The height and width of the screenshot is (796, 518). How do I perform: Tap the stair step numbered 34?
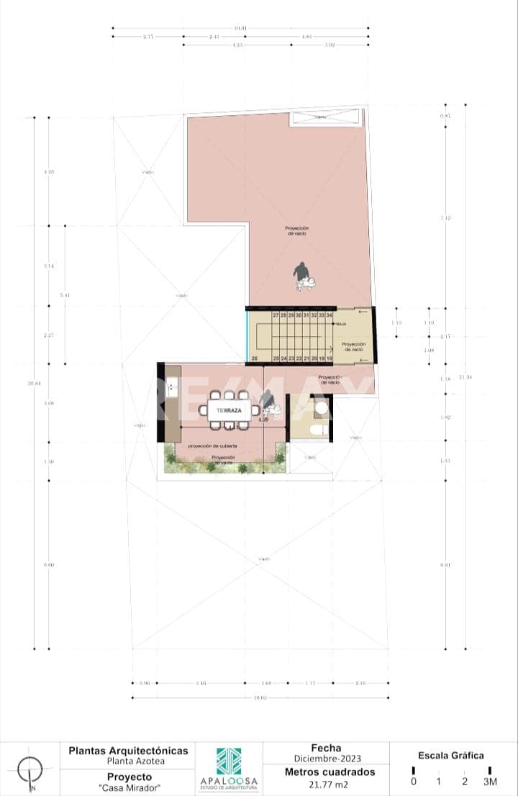(x=330, y=315)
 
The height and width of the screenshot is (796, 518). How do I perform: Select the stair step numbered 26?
(x=255, y=358)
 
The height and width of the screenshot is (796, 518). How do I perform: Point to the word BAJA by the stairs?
(x=342, y=325)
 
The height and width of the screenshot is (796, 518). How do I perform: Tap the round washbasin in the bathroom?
(x=322, y=409)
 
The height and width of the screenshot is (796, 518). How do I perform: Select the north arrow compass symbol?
(x=30, y=772)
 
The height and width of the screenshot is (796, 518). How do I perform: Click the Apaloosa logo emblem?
(x=229, y=761)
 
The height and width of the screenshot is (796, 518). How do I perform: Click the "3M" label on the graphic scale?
(x=489, y=782)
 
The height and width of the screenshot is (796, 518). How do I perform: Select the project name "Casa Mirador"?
(x=129, y=788)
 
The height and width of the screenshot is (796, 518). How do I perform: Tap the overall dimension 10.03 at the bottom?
(x=260, y=697)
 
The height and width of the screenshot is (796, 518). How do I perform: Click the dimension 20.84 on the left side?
(x=34, y=384)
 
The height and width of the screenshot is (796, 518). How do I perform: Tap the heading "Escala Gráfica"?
(x=451, y=756)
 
